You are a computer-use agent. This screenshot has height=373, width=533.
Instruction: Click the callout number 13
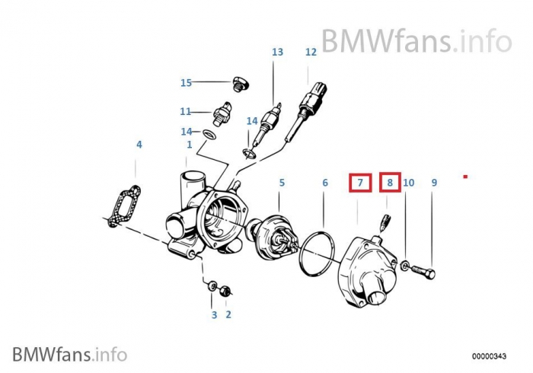click(277, 53)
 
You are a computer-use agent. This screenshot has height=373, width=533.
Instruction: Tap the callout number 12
click(311, 53)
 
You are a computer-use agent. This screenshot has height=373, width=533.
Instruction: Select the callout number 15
click(187, 83)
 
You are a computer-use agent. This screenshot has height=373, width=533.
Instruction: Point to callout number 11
click(186, 111)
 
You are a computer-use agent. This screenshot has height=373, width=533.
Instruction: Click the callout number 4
click(139, 144)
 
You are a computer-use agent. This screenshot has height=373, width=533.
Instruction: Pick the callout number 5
click(281, 183)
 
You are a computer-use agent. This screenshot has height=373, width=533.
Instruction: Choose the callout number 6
click(324, 183)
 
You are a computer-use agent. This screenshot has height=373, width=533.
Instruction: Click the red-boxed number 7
click(360, 183)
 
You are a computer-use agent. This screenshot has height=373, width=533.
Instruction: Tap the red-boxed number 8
click(389, 183)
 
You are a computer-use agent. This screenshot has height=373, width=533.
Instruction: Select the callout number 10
click(409, 183)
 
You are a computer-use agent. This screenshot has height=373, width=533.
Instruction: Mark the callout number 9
click(434, 183)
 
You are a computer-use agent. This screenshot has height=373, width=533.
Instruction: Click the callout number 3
click(214, 314)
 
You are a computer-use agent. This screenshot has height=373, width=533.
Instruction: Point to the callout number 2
click(228, 314)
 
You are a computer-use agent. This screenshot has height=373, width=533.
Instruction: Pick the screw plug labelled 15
click(238, 83)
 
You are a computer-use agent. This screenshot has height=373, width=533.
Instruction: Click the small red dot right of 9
click(464, 177)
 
